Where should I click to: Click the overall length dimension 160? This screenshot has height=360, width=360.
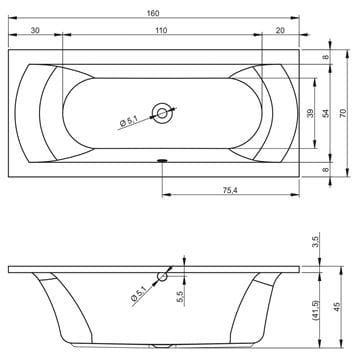(x=153, y=13)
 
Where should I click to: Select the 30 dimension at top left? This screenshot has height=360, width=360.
(x=35, y=30)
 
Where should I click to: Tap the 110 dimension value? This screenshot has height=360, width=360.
(x=161, y=30)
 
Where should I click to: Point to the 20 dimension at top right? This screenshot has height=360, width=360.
(x=280, y=30)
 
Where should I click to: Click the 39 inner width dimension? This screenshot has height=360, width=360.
(x=310, y=113)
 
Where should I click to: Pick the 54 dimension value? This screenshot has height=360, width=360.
(x=326, y=113)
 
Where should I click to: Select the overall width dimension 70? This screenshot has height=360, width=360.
(x=343, y=113)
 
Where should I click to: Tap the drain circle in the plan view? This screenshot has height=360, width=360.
(x=163, y=113)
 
